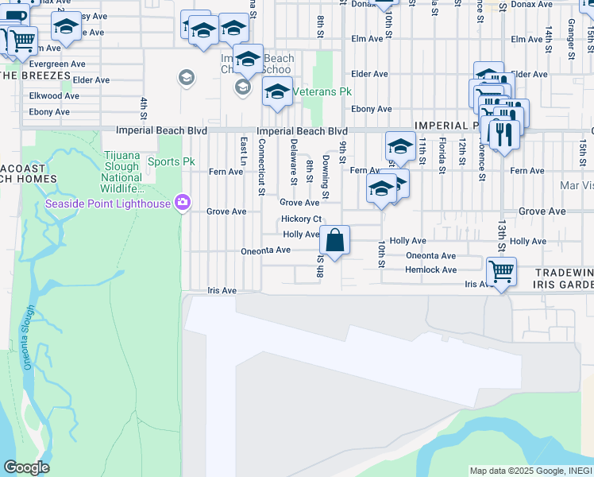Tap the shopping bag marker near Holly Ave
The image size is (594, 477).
335,239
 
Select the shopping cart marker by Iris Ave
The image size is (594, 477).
501,272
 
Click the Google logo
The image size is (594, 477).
26,467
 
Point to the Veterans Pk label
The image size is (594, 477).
322,92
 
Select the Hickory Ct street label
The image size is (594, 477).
301,219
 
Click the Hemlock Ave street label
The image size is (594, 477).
431,270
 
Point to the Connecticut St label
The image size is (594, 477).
260,166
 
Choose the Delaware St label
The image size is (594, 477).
293,161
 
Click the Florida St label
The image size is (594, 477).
441,156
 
